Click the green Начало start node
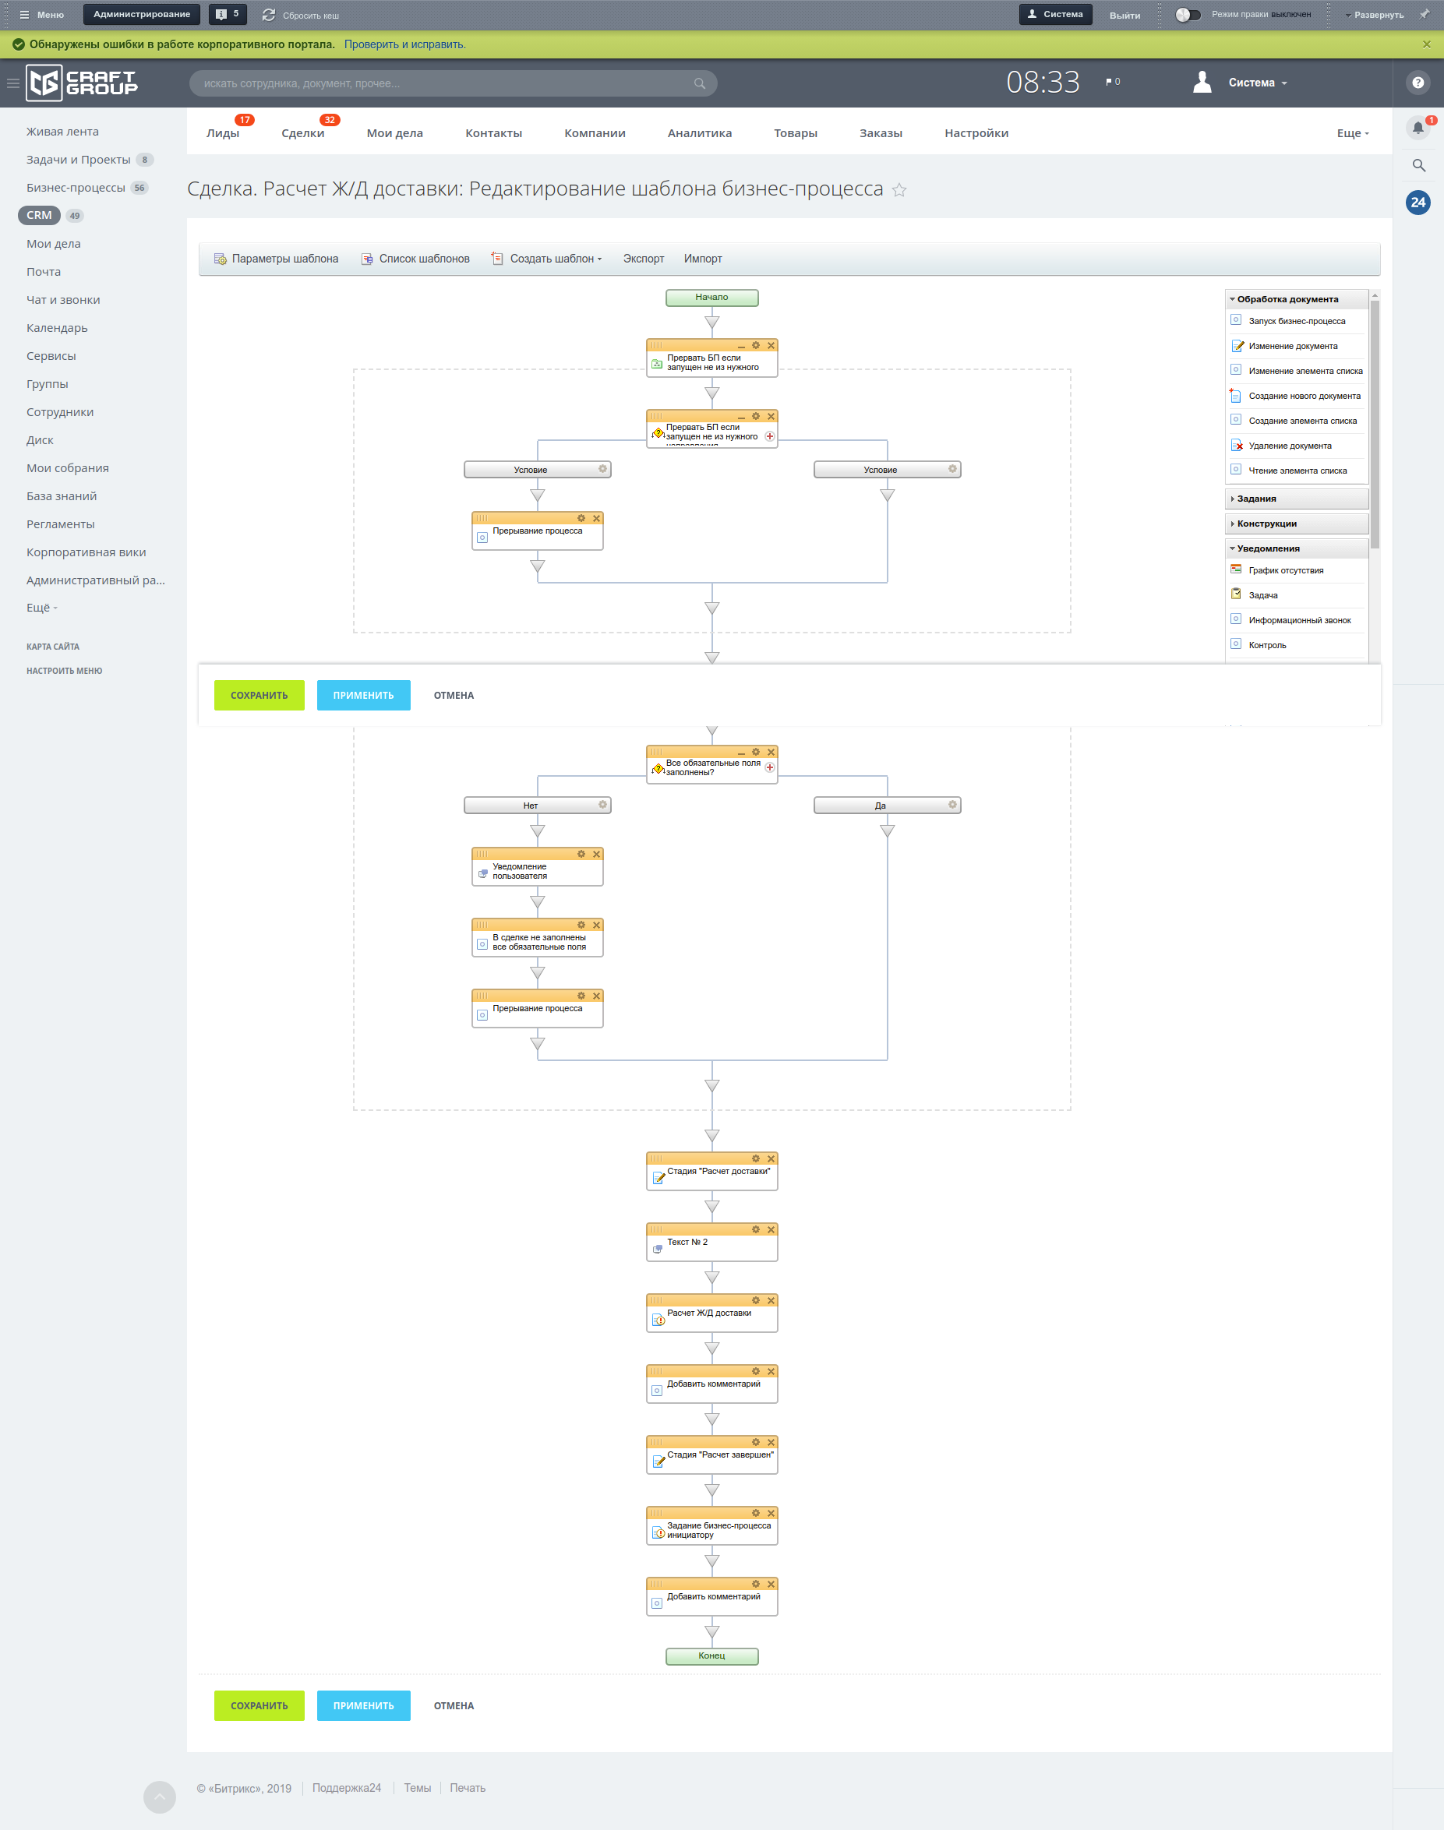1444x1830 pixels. click(x=711, y=298)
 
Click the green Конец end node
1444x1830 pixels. click(x=711, y=1655)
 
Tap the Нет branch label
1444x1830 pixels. click(x=531, y=806)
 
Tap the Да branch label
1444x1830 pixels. click(x=880, y=806)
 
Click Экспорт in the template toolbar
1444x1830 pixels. click(x=644, y=259)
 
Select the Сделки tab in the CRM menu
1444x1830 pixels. click(x=302, y=133)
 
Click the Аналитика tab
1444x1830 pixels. click(x=699, y=133)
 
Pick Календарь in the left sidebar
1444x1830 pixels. click(x=57, y=328)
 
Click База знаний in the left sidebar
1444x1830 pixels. click(x=62, y=496)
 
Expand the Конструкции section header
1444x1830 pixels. click(x=1266, y=524)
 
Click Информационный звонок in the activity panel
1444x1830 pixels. click(x=1299, y=620)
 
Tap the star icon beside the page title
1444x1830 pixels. click(x=899, y=190)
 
